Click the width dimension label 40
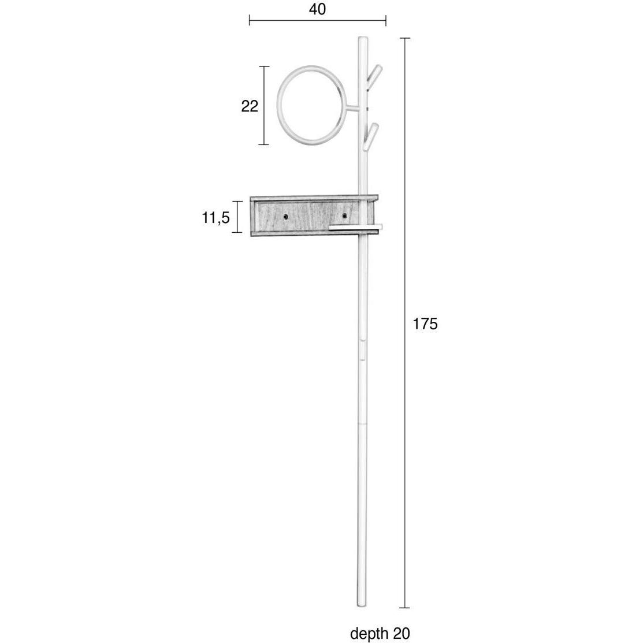(x=317, y=9)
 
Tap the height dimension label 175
(x=425, y=324)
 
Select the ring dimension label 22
(x=250, y=106)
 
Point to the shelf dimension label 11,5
(x=215, y=218)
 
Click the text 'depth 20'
(x=380, y=633)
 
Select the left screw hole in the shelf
(x=285, y=216)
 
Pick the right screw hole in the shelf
(x=344, y=215)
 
